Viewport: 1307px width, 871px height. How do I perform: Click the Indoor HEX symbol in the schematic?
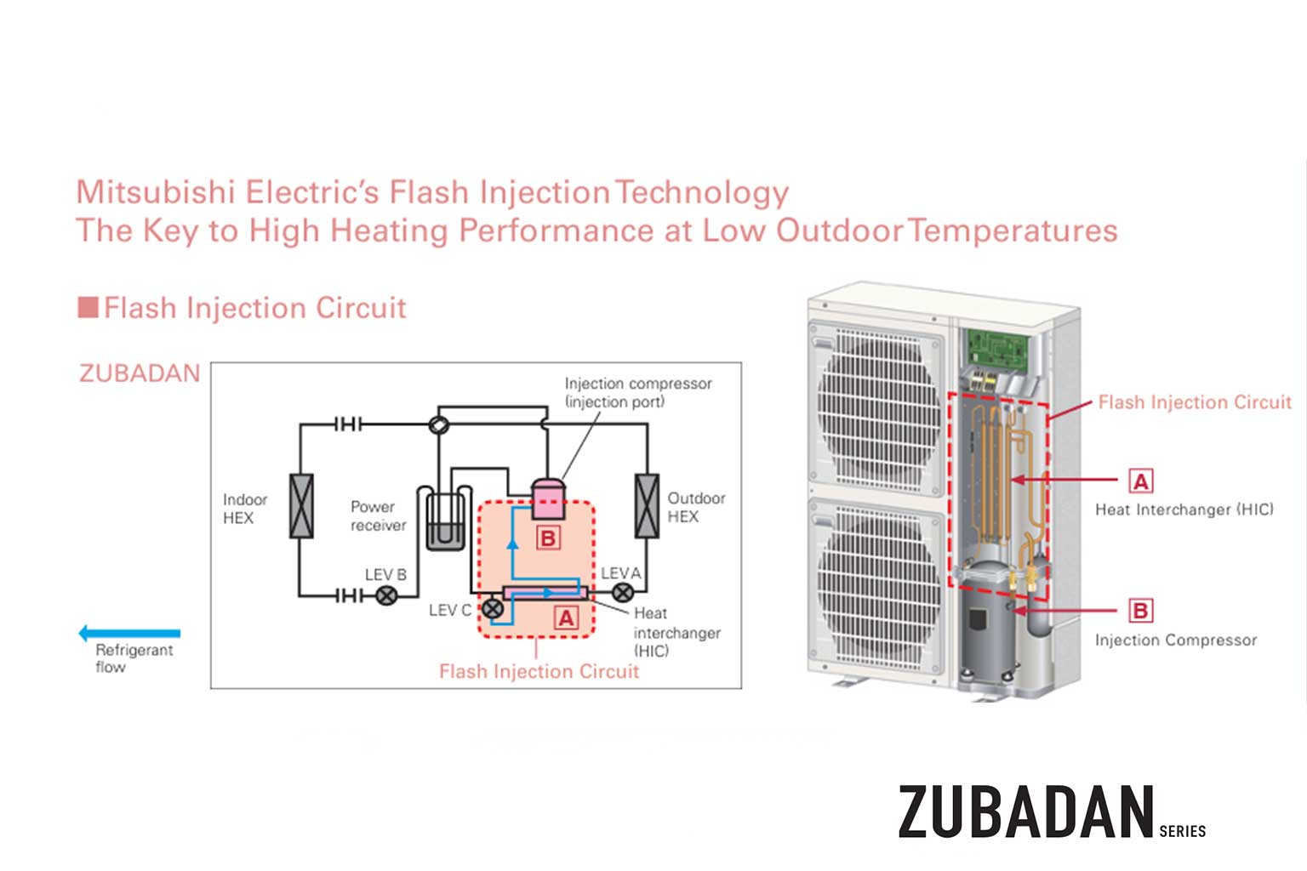301,506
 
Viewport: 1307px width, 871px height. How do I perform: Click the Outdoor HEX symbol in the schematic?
647,506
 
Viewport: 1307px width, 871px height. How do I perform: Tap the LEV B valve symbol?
386,595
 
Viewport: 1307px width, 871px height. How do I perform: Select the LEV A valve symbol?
623,593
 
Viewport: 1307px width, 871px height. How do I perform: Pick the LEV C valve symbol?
493,609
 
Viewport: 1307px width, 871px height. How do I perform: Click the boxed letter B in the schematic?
548,538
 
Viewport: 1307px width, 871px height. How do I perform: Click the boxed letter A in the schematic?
566,618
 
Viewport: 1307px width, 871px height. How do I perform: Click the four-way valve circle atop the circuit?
439,424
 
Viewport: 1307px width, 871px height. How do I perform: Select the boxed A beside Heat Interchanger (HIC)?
1140,481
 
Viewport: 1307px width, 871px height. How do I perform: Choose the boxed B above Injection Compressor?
1140,611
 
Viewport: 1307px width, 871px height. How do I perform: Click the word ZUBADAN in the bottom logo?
1025,812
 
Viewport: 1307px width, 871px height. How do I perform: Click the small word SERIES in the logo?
1182,831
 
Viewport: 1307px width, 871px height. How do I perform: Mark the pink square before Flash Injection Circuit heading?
88,307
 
